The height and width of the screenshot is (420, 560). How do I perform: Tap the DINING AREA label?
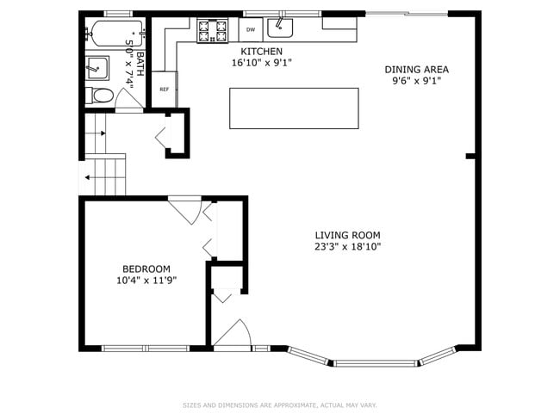416,70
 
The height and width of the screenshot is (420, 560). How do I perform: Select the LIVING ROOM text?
347,235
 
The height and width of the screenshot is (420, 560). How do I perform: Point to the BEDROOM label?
146,269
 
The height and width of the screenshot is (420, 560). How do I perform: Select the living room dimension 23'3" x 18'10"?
347,246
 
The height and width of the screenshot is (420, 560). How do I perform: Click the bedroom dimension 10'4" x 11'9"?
146,280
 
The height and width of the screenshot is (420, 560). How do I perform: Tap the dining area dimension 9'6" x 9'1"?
416,81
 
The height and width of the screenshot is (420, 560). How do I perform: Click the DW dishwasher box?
250,30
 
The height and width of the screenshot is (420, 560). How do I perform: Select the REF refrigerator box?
164,89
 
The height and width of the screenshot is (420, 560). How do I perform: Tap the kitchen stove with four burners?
209,31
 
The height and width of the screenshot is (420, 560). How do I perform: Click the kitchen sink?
280,28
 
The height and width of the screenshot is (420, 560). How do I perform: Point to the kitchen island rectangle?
293,108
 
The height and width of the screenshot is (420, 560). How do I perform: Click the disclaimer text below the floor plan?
279,405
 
